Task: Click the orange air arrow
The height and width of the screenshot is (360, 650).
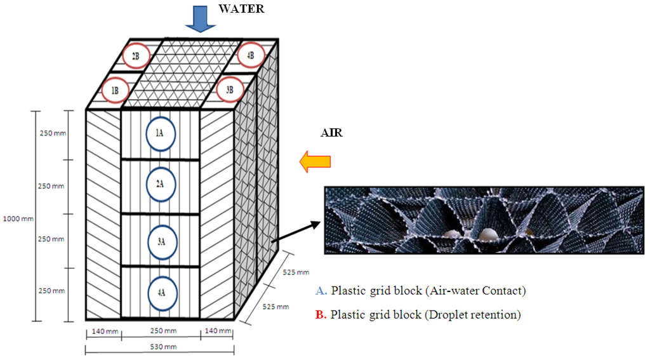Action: (315, 162)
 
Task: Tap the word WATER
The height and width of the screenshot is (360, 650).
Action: (241, 9)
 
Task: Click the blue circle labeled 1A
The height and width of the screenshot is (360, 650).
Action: (160, 133)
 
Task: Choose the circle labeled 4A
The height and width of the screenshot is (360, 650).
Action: (160, 293)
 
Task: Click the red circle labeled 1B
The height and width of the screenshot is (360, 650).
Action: (115, 90)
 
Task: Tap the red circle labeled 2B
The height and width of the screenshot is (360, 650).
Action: (135, 56)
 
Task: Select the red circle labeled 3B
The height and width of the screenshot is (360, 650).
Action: (229, 90)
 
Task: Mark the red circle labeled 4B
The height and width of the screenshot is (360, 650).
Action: (249, 56)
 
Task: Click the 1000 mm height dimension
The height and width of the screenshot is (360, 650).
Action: (16, 218)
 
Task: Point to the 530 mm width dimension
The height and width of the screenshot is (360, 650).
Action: (159, 346)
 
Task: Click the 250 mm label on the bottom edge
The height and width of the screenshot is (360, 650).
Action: (159, 331)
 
